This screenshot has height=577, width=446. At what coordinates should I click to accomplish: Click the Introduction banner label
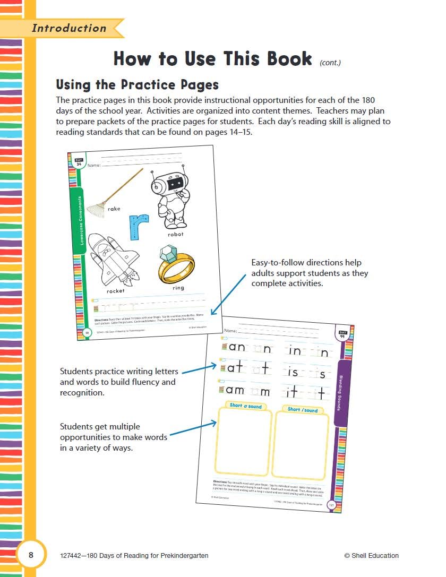coord(69,28)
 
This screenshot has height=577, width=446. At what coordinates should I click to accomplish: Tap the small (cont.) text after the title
coord(330,63)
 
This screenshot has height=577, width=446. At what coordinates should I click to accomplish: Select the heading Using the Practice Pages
coord(137,85)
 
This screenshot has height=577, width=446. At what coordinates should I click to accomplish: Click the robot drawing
coord(171,200)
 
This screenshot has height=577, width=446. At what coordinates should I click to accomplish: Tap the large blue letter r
coord(139,227)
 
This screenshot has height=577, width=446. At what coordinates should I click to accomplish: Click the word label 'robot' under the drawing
coord(175,234)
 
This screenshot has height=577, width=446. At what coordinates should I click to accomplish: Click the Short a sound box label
coord(245,406)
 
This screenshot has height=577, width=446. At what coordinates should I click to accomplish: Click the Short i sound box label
coord(303,410)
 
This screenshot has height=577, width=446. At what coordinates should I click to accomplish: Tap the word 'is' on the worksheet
coord(294,373)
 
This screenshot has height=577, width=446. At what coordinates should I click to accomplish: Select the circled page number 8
coord(31,555)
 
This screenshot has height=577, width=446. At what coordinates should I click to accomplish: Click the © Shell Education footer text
coord(371,556)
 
